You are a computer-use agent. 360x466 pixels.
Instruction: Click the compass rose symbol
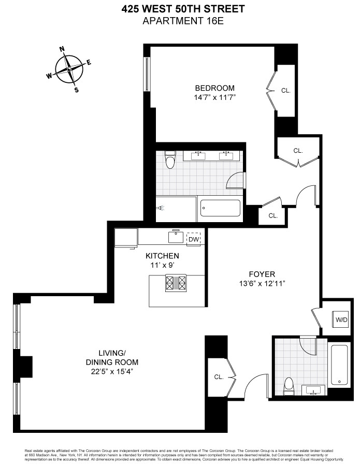point(69,68)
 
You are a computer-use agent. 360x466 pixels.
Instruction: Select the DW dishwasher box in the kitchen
point(193,239)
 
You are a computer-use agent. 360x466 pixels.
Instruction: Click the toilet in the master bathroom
point(169,160)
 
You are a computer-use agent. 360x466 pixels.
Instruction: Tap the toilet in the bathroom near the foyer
point(289,385)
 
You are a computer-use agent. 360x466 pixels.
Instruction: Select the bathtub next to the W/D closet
point(340,365)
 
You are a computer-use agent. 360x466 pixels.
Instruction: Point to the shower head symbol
point(162,209)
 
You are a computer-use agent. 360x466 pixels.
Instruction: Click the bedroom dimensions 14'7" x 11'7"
point(214,97)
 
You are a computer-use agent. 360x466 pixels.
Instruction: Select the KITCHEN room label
point(162,256)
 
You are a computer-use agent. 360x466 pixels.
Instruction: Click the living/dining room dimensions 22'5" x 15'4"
point(112,371)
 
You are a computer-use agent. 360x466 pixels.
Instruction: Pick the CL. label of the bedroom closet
point(286,90)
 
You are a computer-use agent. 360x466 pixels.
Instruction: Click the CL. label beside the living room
point(218,377)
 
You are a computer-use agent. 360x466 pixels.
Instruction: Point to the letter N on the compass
point(62,50)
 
